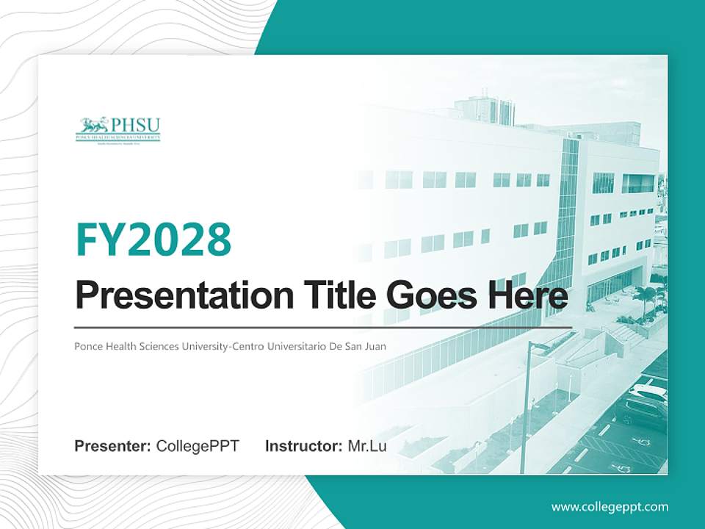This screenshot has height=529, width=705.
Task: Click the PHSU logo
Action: pyautogui.click(x=117, y=128)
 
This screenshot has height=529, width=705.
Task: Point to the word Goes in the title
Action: pyautogui.click(x=427, y=295)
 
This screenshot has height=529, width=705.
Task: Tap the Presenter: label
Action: pyautogui.click(x=113, y=446)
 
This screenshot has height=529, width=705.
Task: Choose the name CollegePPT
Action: pyautogui.click(x=198, y=446)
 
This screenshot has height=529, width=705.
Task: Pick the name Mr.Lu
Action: pyautogui.click(x=367, y=446)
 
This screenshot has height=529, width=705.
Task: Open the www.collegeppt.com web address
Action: pyautogui.click(x=610, y=507)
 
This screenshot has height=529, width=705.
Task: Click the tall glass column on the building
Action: pyautogui.click(x=566, y=220)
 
